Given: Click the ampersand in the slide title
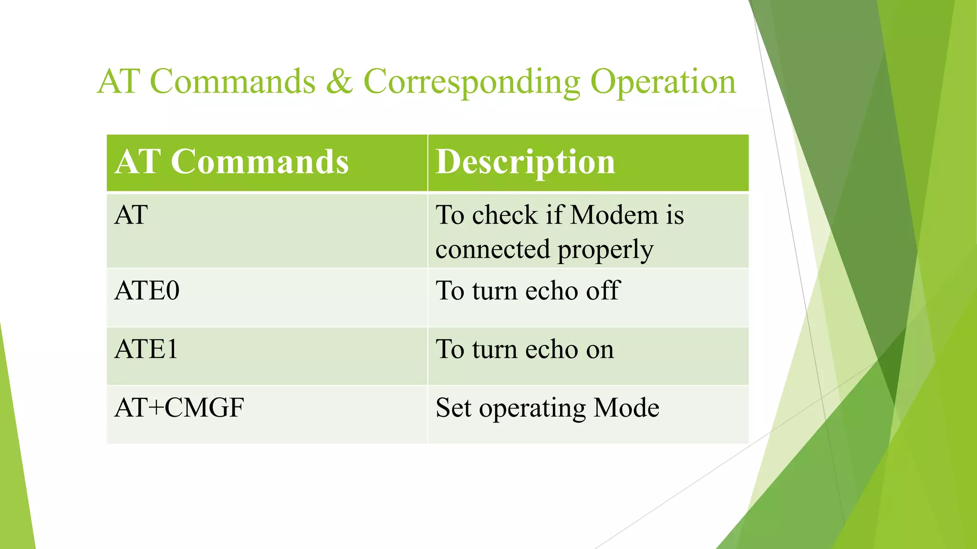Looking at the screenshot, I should click(340, 81).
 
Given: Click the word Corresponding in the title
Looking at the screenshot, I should click(472, 82).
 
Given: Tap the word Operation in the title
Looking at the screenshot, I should click(663, 82).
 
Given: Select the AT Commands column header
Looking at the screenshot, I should click(232, 162).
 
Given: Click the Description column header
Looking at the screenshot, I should click(526, 162).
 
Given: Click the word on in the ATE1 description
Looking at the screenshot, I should click(600, 350).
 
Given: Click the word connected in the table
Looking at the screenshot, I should click(493, 250).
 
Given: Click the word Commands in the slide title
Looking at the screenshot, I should click(232, 81).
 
